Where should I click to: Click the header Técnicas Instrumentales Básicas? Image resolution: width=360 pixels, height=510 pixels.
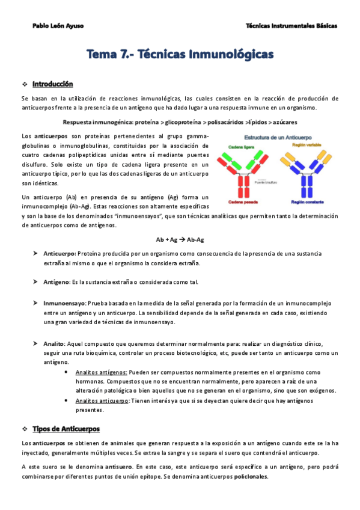point(291,26)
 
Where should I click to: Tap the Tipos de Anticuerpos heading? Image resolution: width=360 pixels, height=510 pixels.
point(66,429)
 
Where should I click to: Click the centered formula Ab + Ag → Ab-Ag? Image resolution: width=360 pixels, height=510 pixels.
point(180,239)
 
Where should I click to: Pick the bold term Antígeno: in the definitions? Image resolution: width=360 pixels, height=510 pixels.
point(56,283)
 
